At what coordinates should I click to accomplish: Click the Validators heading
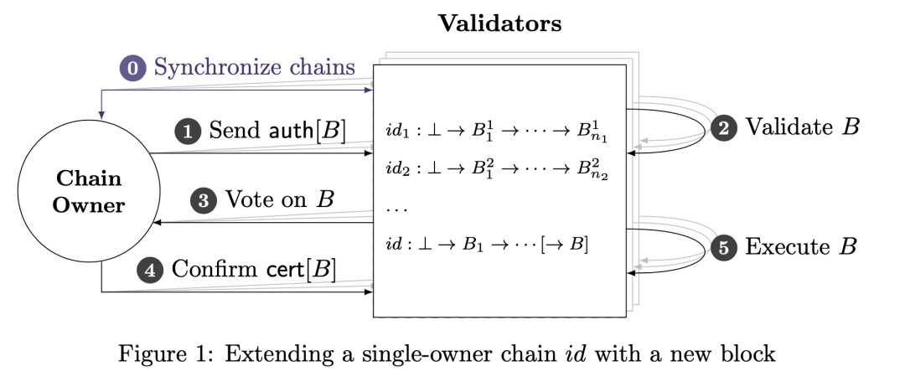coord(499,23)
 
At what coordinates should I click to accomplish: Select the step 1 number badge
coord(188,131)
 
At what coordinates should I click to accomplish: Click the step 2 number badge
coord(725,128)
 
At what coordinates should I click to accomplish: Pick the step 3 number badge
coord(204,201)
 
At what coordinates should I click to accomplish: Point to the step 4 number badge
coord(151,270)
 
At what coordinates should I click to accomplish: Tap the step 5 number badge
coord(725,247)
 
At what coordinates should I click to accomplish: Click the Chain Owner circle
coord(88,192)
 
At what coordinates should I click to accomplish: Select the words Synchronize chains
coord(255,67)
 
